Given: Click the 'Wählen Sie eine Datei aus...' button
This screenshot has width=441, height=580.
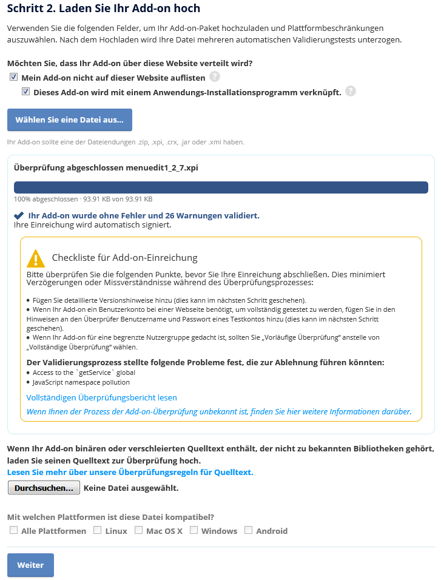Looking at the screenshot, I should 69,120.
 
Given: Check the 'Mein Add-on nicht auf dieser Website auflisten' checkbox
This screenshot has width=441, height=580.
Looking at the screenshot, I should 13,77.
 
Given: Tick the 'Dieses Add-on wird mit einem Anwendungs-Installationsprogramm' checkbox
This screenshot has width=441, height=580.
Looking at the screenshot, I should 25,92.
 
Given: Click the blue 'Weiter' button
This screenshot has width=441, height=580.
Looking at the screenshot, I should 30,565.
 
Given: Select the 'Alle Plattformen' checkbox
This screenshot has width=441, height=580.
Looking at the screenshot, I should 13,530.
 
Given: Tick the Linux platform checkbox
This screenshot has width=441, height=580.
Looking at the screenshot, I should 97,530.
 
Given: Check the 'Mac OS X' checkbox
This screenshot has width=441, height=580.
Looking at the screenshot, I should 138,530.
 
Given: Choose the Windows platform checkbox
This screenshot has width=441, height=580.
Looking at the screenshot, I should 194,530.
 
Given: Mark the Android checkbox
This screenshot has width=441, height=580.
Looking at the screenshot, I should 248,530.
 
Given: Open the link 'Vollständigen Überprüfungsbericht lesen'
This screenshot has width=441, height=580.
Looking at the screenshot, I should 102,397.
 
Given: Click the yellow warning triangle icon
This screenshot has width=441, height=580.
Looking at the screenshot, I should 36,258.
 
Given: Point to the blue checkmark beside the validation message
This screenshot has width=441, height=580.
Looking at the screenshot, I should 19,215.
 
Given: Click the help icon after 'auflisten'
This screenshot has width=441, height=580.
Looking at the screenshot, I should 215,76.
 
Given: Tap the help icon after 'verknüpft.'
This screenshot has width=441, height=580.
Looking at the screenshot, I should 350,92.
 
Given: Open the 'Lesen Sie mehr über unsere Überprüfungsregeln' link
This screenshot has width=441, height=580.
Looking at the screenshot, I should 130,472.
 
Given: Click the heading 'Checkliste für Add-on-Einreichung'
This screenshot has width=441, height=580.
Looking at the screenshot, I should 125,257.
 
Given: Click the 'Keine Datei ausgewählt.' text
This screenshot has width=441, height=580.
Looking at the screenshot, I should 131,487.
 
